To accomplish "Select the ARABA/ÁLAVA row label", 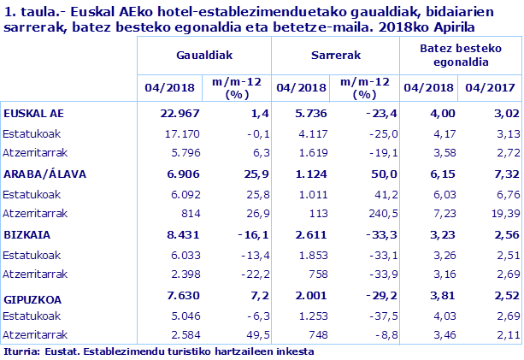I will point(40,173).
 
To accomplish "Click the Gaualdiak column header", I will point(203,54).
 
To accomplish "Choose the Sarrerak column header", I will point(335,54).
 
